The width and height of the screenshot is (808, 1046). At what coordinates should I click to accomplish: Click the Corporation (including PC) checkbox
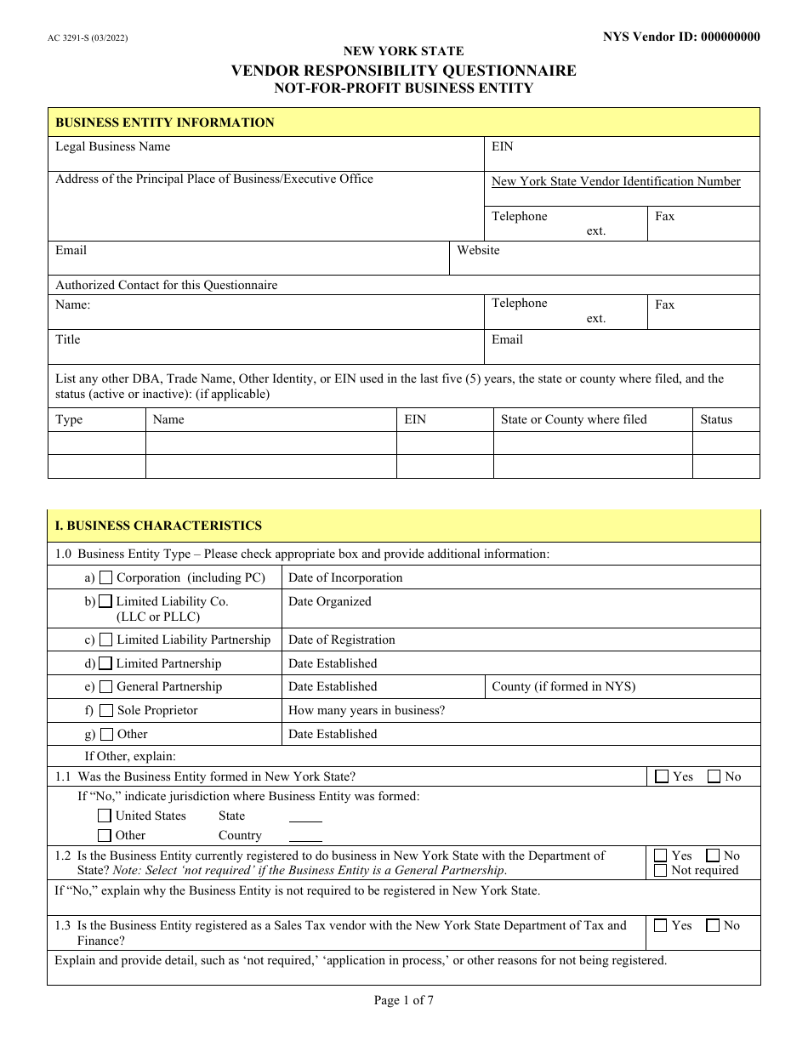[106, 577]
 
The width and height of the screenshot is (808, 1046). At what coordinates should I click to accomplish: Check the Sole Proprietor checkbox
[106, 710]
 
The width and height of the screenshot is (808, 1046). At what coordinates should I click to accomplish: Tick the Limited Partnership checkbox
[105, 663]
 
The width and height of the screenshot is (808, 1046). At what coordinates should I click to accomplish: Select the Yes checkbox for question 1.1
[662, 776]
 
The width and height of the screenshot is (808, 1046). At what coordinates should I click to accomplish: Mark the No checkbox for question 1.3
[713, 926]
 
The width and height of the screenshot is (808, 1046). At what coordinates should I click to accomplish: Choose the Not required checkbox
[661, 871]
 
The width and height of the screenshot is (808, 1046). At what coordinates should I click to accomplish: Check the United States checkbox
[105, 816]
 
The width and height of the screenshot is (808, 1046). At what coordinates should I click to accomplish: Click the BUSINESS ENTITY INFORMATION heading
[165, 122]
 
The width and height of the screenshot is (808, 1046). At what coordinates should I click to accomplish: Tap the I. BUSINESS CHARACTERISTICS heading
[158, 526]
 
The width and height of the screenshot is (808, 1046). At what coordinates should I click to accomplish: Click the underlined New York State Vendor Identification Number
[616, 181]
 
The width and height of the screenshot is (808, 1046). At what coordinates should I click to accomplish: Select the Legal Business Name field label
[113, 146]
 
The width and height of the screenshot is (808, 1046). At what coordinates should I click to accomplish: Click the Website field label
[478, 250]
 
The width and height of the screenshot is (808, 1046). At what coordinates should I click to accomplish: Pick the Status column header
[716, 419]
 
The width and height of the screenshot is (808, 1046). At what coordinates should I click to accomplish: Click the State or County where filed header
[573, 419]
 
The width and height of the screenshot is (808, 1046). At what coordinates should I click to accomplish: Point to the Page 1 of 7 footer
[404, 1000]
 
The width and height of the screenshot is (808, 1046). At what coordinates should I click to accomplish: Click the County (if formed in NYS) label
[563, 686]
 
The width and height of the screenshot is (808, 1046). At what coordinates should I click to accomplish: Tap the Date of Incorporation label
[345, 577]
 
